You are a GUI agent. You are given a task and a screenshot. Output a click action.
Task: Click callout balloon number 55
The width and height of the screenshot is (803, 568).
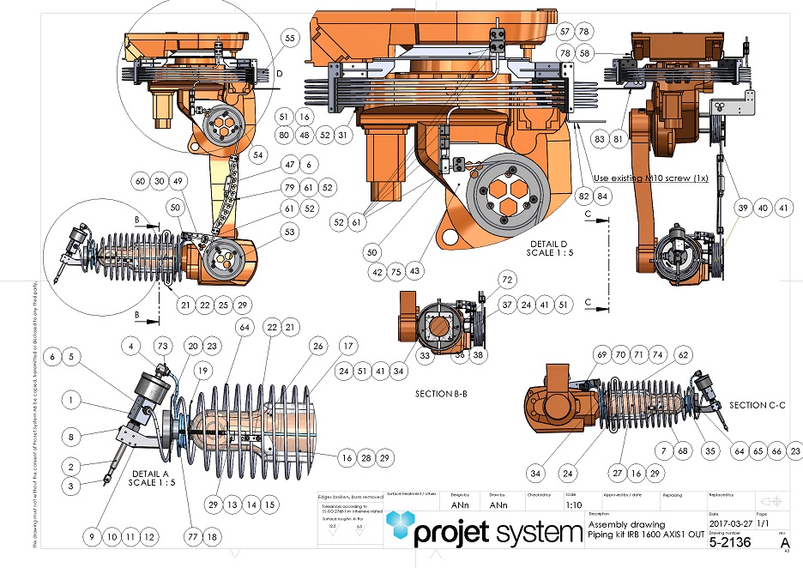tap(288, 39)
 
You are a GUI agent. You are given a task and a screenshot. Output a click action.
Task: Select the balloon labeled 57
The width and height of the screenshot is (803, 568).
tap(565, 31)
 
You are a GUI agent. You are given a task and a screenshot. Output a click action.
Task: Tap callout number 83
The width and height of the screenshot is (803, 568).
tap(600, 139)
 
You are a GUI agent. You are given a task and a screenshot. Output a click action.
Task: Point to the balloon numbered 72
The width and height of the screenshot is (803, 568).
tap(506, 281)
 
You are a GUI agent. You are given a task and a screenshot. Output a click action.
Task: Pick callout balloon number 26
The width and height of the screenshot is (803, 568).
tap(319, 346)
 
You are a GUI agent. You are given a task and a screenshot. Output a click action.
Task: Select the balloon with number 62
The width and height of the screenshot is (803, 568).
tap(683, 354)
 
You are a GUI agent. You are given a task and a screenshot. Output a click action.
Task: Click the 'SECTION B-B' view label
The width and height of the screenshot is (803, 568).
tap(433, 394)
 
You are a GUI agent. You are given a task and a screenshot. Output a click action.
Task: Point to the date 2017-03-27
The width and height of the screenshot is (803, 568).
tap(728, 523)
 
